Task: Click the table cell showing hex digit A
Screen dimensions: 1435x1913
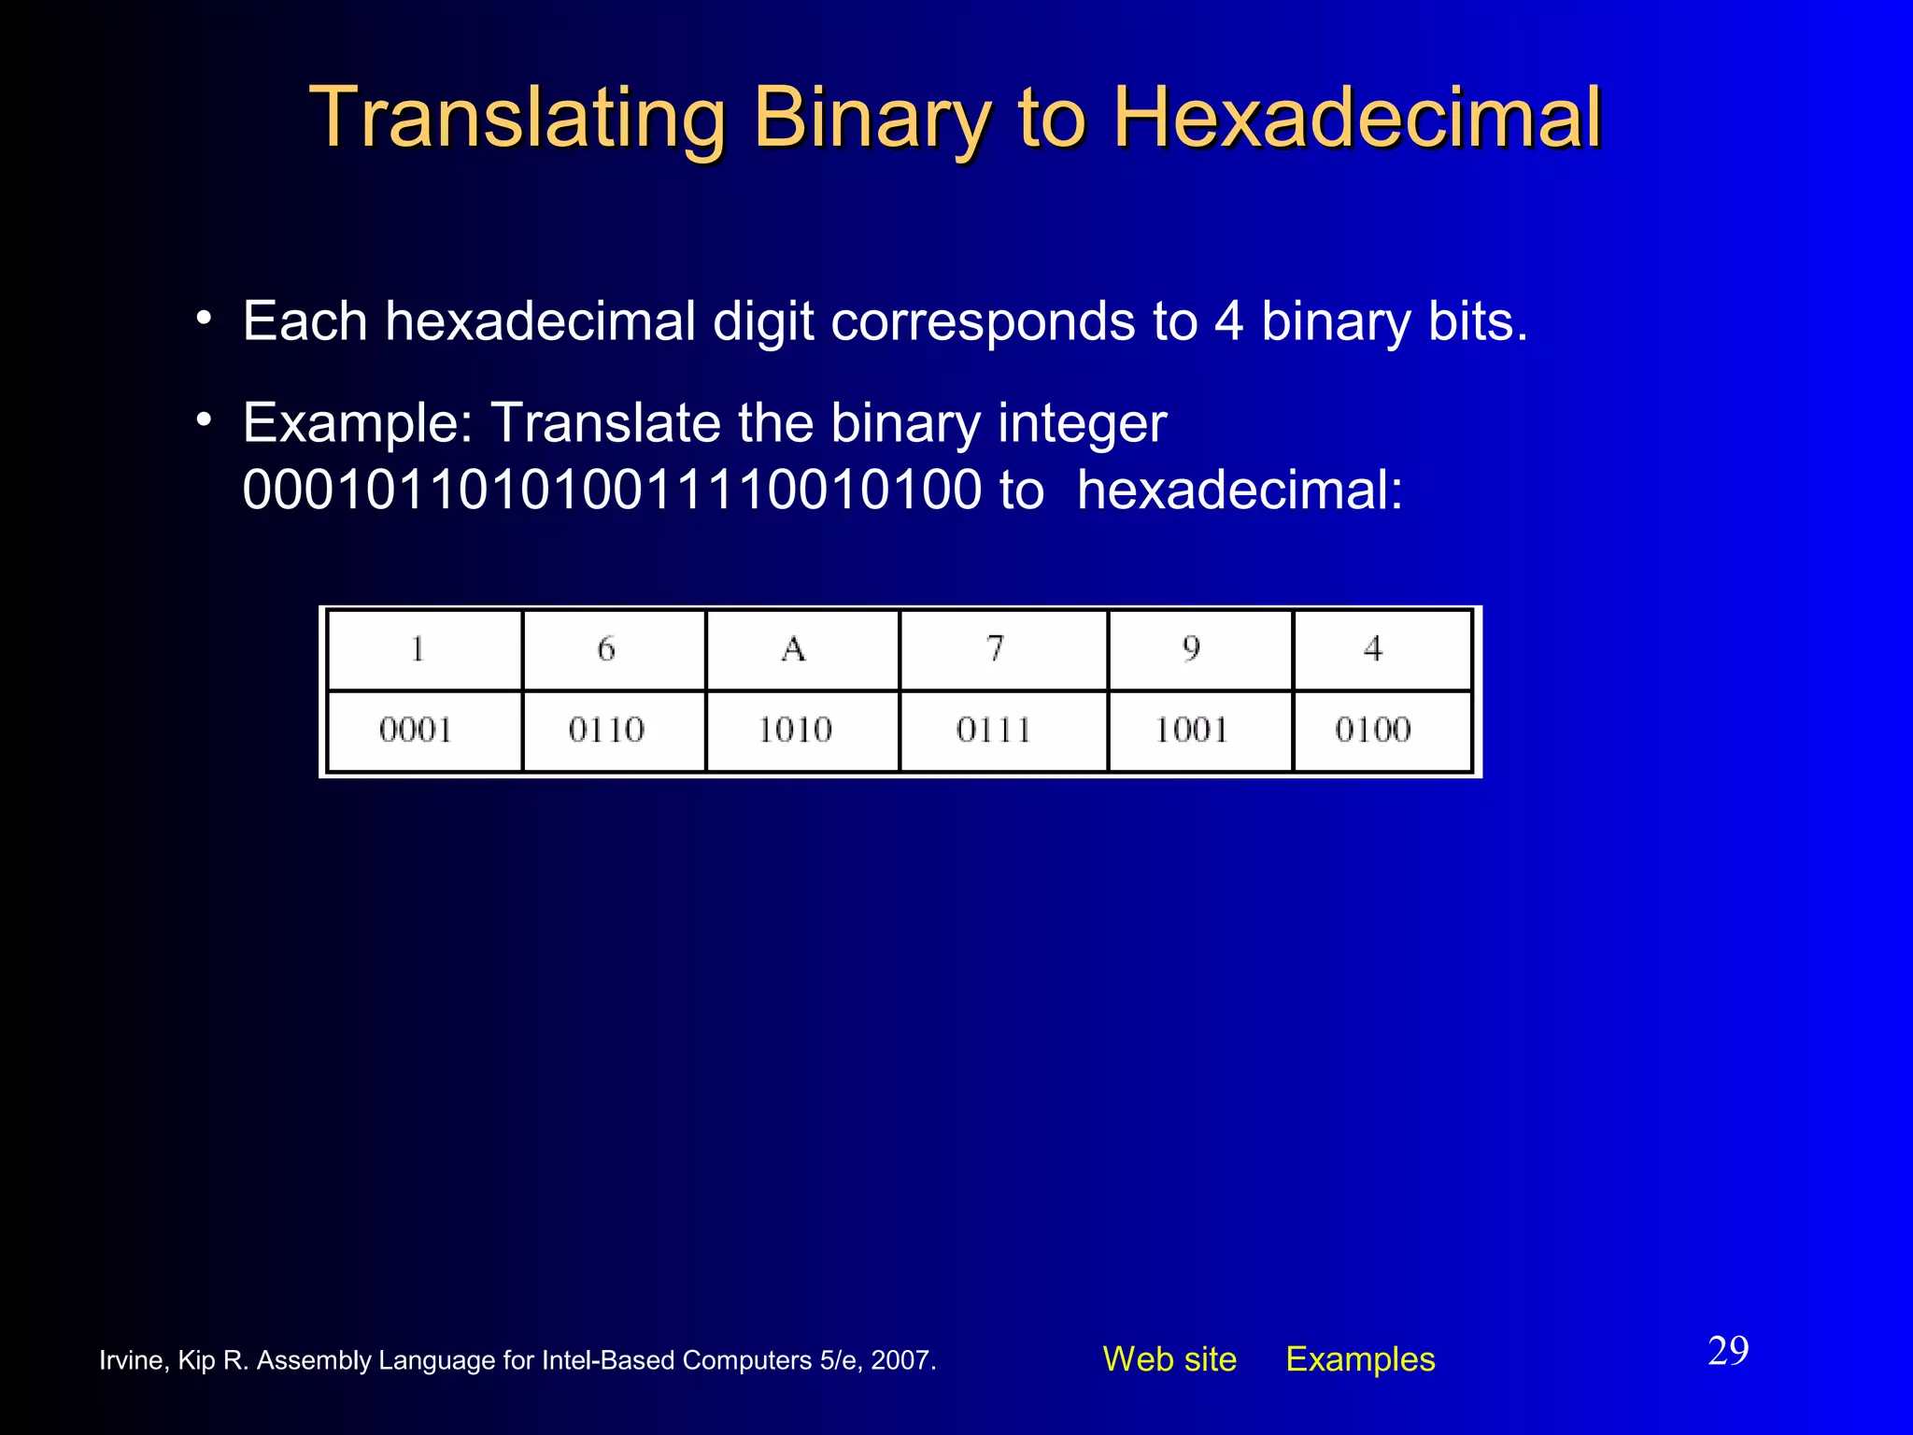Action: coord(794,649)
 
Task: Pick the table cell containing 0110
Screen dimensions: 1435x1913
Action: coord(606,730)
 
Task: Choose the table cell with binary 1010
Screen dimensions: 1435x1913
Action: coord(795,730)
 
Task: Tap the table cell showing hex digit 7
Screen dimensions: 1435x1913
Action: coord(996,649)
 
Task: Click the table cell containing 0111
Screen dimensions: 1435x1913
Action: coord(994,730)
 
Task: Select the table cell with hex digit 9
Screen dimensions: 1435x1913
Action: coord(1191,649)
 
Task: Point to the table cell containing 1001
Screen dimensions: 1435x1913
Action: coord(1191,730)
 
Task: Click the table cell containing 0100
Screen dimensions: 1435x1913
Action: coord(1372,730)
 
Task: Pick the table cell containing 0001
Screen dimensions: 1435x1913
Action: coord(416,730)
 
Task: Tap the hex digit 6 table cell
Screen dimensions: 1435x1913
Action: coord(606,649)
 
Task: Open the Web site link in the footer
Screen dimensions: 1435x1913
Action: coord(1169,1359)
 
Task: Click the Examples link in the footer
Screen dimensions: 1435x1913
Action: coord(1360,1359)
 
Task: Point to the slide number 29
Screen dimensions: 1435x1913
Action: coord(1728,1351)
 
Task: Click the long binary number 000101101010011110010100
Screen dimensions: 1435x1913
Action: coord(612,490)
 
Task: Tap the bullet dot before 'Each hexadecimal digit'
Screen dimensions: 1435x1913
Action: coord(204,318)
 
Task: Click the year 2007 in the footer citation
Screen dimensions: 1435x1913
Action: coord(900,1360)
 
